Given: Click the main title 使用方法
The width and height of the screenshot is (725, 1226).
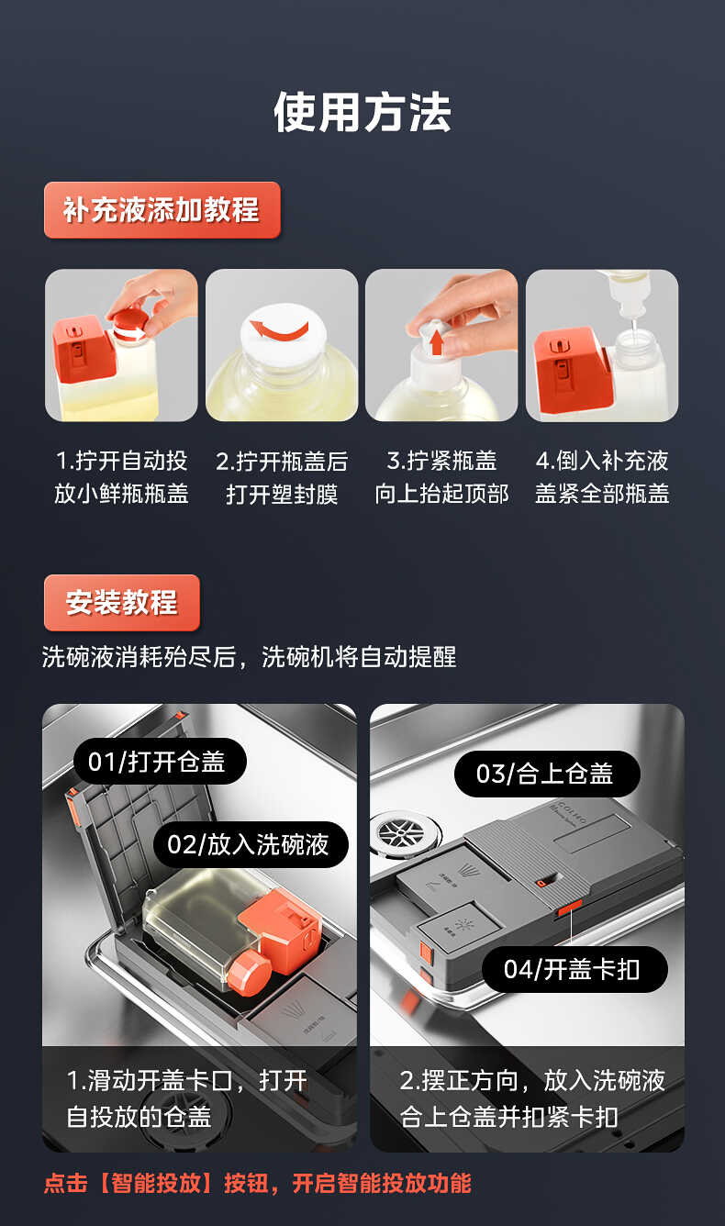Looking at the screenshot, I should point(362,113).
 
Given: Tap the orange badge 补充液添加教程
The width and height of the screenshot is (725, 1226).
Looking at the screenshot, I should point(162,210).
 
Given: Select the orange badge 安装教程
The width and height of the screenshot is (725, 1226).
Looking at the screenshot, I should point(121,603).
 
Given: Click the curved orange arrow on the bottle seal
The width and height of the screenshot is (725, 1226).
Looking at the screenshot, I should point(280,327).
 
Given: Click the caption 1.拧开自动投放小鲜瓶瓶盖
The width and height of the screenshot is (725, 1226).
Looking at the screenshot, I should point(121,477).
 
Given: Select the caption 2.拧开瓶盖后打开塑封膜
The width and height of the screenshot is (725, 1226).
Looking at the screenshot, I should point(282,477).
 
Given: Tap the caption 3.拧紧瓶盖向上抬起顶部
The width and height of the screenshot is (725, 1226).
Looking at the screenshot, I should point(441,477).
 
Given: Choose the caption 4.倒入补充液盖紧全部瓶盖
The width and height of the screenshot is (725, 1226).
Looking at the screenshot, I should point(602,477).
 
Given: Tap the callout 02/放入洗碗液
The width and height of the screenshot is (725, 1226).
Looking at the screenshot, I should point(251,844).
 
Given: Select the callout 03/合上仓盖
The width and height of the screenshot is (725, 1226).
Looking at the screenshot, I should point(547,774).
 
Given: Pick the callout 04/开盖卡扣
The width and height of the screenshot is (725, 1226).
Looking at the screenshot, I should point(574,969).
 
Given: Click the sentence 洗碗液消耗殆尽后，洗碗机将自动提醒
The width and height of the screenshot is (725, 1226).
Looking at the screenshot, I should point(249,657).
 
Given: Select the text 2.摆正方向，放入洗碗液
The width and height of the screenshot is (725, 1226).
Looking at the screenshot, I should point(532,1080).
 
